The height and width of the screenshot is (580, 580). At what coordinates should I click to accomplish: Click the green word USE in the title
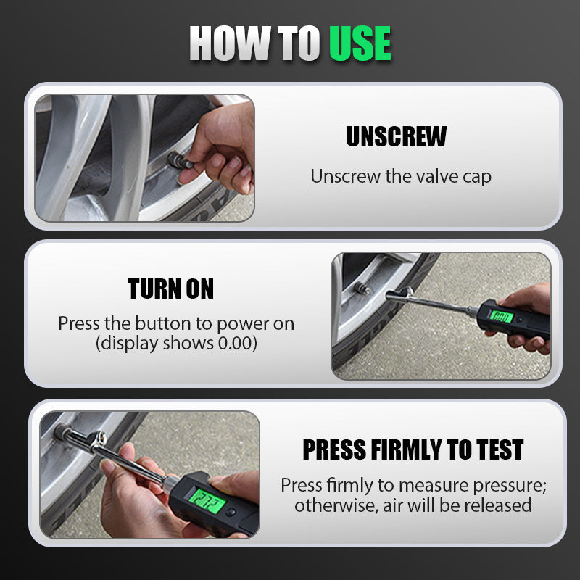pos(360,43)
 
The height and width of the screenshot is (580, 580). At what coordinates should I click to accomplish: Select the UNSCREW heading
pos(396,136)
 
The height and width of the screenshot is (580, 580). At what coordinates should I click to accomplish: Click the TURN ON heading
pos(170,289)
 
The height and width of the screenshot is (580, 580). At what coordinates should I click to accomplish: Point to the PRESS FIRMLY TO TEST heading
pos(413,449)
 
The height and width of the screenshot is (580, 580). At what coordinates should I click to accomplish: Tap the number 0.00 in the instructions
pos(234,343)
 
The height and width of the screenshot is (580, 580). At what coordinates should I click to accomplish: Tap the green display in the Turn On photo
pos(502,317)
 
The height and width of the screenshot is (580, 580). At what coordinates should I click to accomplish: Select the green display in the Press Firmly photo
pos(207,501)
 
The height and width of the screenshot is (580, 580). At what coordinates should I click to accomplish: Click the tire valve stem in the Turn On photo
pos(362,288)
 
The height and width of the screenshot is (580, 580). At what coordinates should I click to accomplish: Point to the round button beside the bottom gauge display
pos(231,512)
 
